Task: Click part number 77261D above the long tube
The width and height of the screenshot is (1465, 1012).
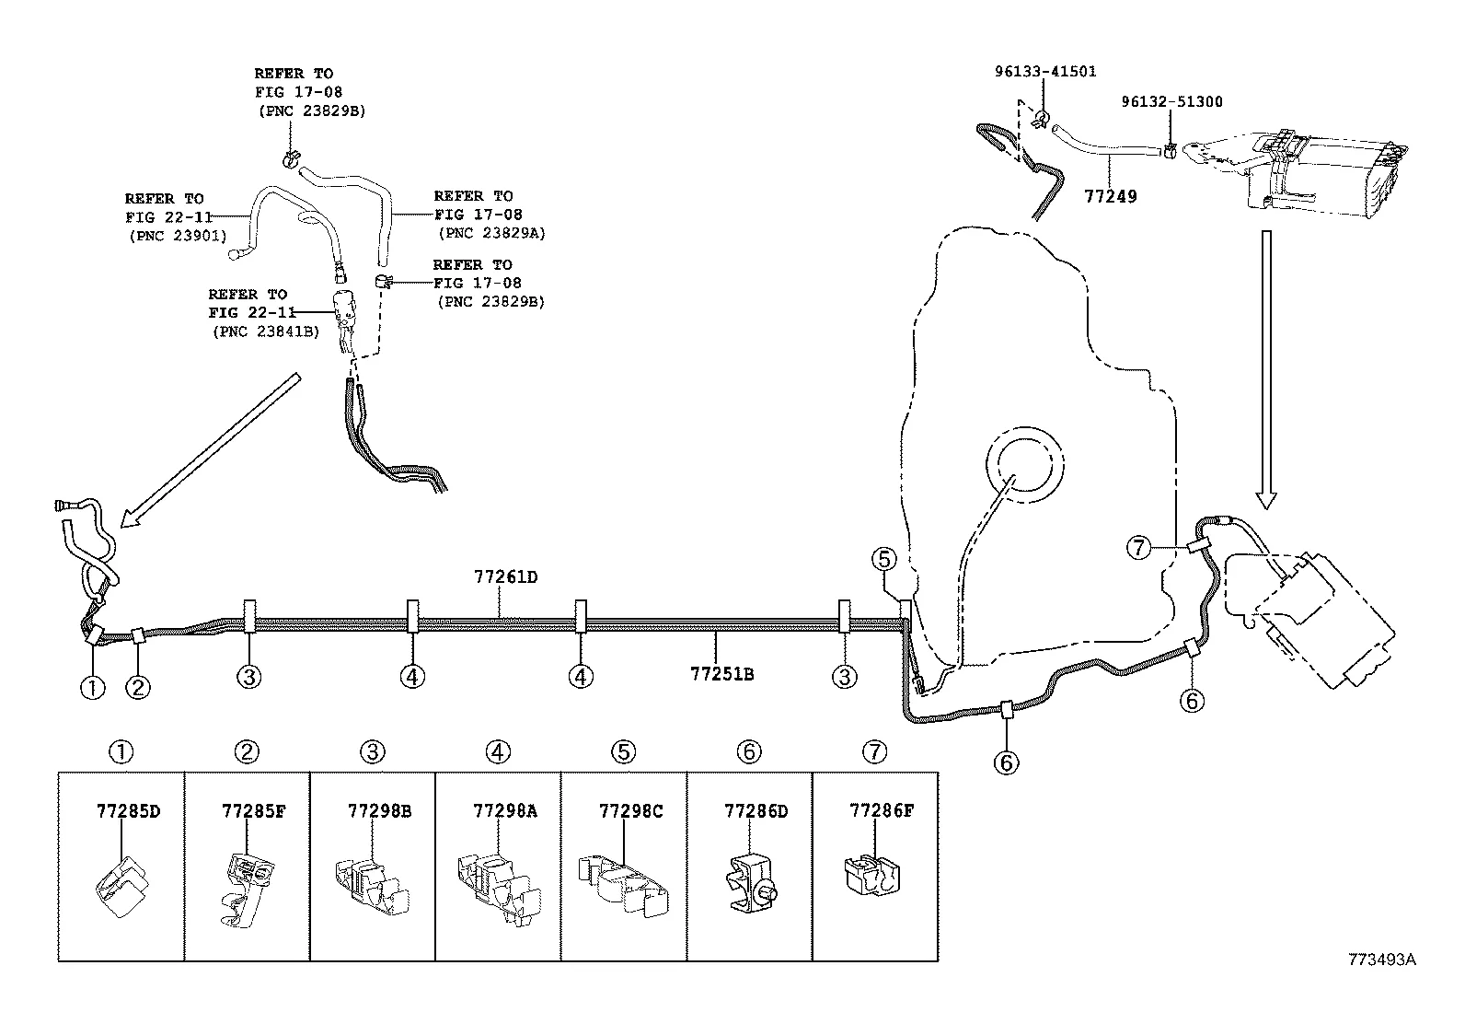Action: click(x=505, y=577)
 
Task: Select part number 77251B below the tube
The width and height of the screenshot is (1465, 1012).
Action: click(x=722, y=674)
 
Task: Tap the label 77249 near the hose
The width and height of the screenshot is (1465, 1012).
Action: click(x=1110, y=196)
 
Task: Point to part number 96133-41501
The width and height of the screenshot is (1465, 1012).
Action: click(x=1044, y=72)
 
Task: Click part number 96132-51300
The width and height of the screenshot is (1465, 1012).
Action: click(x=1171, y=101)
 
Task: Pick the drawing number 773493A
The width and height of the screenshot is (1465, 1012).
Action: click(x=1381, y=959)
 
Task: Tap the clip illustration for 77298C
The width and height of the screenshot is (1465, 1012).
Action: click(x=623, y=885)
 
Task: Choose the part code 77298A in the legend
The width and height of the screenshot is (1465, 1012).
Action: click(x=504, y=811)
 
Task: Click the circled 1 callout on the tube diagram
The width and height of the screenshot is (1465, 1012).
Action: click(x=92, y=687)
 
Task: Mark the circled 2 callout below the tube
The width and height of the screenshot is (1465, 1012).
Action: click(x=138, y=687)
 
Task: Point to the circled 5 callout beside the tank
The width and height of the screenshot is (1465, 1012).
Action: click(x=883, y=558)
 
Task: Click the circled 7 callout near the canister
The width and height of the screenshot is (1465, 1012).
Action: click(x=1138, y=548)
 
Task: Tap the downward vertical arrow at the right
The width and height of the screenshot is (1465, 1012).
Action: click(x=1266, y=368)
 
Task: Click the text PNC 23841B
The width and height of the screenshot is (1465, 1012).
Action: click(x=265, y=332)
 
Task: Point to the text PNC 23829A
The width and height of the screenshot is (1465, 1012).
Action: click(x=491, y=233)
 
